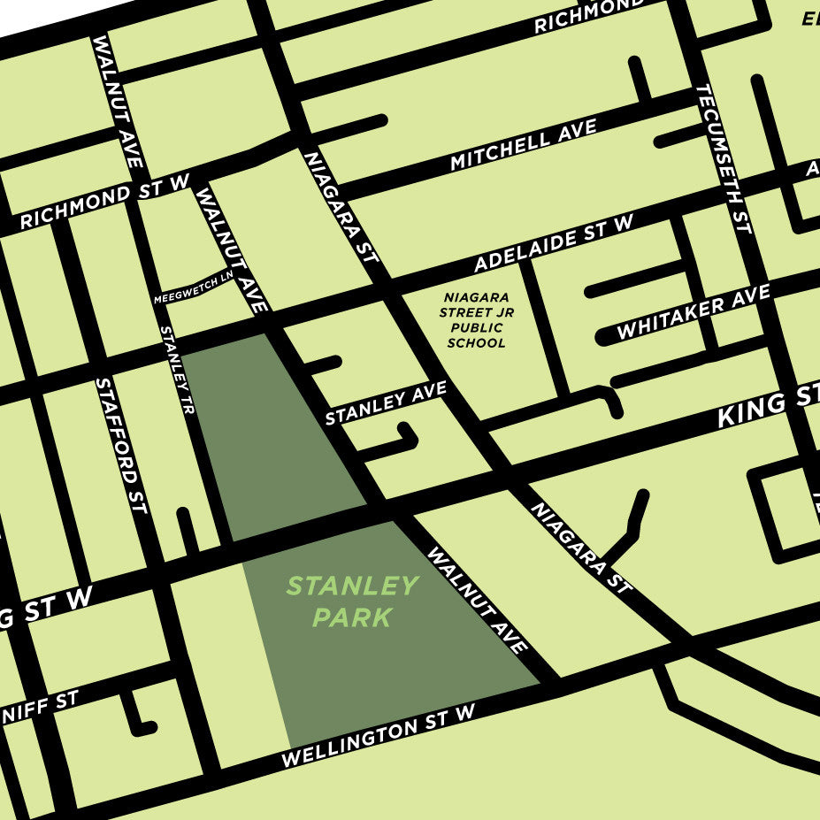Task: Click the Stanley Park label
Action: click(351, 601)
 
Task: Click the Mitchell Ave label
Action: click(524, 147)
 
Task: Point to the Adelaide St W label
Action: click(554, 244)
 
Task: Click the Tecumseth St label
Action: click(724, 159)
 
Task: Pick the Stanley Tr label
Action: click(176, 370)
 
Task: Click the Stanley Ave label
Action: click(386, 404)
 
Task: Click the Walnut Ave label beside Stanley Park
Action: click(478, 601)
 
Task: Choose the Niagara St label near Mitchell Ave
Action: click(341, 206)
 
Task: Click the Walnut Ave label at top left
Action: click(118, 101)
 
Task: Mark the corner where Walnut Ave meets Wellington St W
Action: click(547, 680)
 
